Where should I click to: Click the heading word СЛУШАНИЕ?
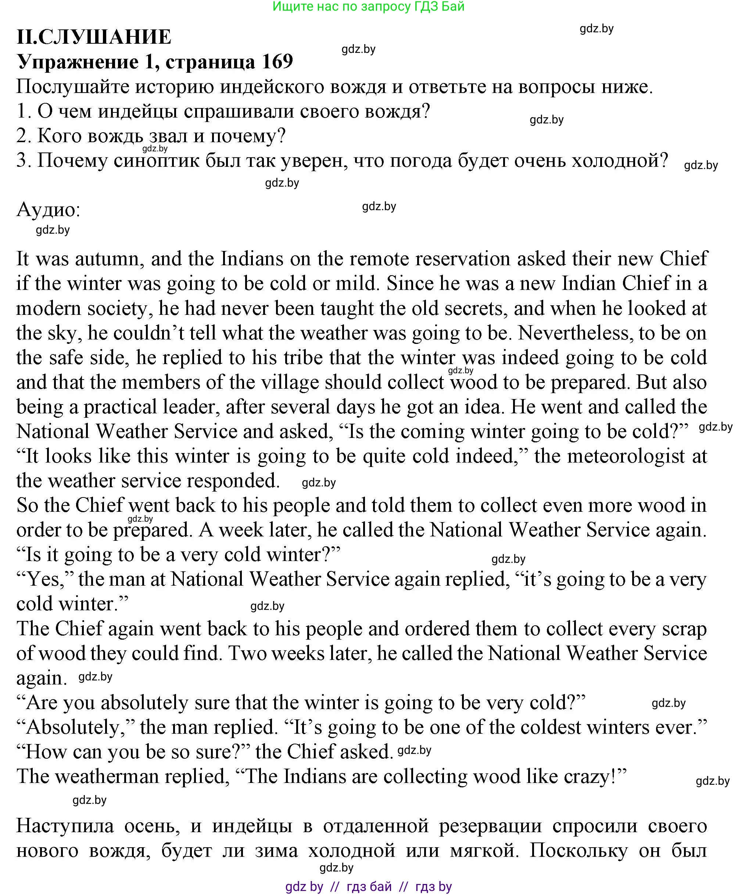point(105,37)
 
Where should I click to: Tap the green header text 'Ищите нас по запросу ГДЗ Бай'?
point(368,6)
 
